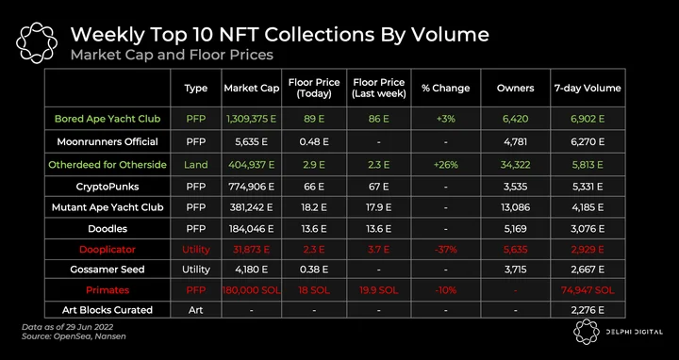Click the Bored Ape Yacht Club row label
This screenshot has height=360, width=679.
click(108, 119)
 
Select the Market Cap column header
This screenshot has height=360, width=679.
click(252, 89)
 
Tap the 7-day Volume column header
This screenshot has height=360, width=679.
click(588, 89)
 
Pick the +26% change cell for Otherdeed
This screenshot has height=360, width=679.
click(445, 165)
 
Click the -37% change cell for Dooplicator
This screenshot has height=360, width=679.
click(445, 250)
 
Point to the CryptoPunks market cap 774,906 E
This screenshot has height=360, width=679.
click(251, 187)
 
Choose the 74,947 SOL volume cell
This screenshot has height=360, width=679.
click(588, 290)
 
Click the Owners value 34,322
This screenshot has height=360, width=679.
click(515, 165)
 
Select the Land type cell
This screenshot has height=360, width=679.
click(196, 165)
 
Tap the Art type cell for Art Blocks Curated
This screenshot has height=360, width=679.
click(196, 310)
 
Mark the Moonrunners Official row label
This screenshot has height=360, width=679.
click(108, 142)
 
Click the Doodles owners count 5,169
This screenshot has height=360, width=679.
click(515, 228)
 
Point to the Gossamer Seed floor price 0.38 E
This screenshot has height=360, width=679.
click(314, 270)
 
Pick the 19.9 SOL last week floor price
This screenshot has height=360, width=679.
click(378, 290)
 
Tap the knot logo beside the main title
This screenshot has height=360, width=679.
click(37, 42)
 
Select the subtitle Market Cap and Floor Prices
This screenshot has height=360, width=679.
click(172, 55)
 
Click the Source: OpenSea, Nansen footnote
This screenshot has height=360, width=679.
click(75, 336)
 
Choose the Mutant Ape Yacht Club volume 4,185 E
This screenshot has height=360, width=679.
click(588, 207)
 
